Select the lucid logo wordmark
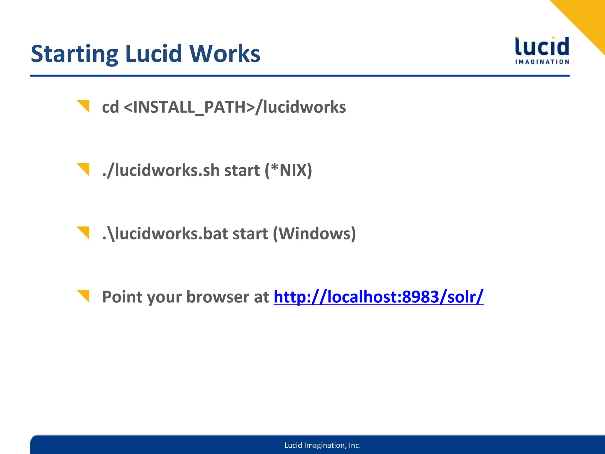pyautogui.click(x=542, y=46)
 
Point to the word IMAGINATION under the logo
pyautogui.click(x=542, y=62)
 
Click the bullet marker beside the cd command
pyautogui.click(x=84, y=106)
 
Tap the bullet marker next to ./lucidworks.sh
pyautogui.click(x=84, y=169)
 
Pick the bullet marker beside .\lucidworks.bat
pyautogui.click(x=84, y=232)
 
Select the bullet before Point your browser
pyautogui.click(x=84, y=296)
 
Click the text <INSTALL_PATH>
pyautogui.click(x=189, y=107)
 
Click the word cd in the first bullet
pyautogui.click(x=110, y=107)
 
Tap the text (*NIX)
pyautogui.click(x=288, y=170)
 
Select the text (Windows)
pyautogui.click(x=314, y=234)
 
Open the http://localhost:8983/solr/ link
pyautogui.click(x=378, y=297)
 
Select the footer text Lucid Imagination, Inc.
pyautogui.click(x=323, y=445)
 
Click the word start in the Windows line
pyautogui.click(x=250, y=234)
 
